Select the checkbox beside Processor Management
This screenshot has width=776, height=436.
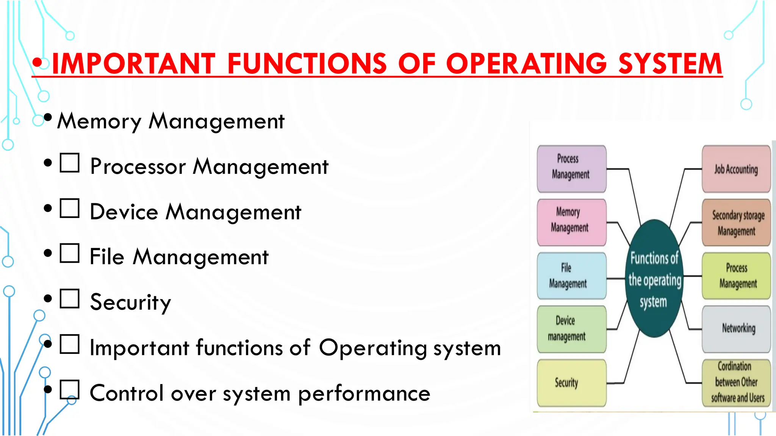coord(70,163)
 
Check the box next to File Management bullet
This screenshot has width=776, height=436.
coord(70,253)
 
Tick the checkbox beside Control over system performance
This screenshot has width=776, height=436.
coord(70,389)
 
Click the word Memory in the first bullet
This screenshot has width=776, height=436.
coord(99,121)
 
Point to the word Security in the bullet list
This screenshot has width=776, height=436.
coord(130,302)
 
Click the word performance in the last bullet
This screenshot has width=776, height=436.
coord(364,394)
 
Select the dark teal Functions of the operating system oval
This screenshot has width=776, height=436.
coord(654,279)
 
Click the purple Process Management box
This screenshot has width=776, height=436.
coord(571,169)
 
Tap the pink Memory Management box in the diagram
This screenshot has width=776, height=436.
coord(571,222)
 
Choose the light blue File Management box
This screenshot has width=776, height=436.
coord(571,276)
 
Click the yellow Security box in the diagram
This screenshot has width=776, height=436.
coord(571,383)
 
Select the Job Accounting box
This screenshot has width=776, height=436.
coord(736,169)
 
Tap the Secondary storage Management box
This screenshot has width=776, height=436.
coord(736,222)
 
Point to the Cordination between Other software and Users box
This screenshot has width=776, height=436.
coord(736,383)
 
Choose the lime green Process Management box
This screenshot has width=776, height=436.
coord(736,276)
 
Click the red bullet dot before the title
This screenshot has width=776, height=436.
coord(37,63)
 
